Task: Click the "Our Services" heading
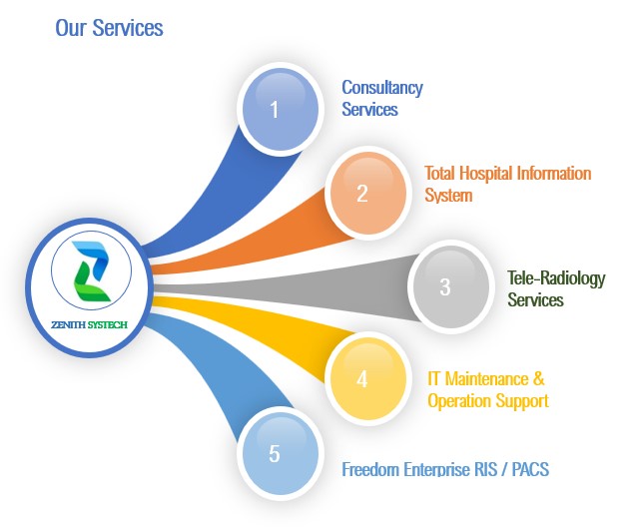coord(109,28)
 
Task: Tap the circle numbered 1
coord(281,110)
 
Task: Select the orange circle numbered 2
coord(368,194)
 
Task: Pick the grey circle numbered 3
coord(451,286)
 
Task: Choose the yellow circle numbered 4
coord(368,378)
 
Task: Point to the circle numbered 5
coord(281,453)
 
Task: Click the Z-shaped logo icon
coord(91,271)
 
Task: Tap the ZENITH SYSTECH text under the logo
coord(89,325)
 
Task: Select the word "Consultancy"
coord(382,88)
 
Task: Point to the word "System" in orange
coord(448,196)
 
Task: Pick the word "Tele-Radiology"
coord(556,278)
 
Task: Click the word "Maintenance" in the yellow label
coord(486,379)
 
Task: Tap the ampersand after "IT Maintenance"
coord(539,378)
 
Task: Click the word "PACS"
coord(530,469)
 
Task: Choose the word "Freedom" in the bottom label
coord(371,469)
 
